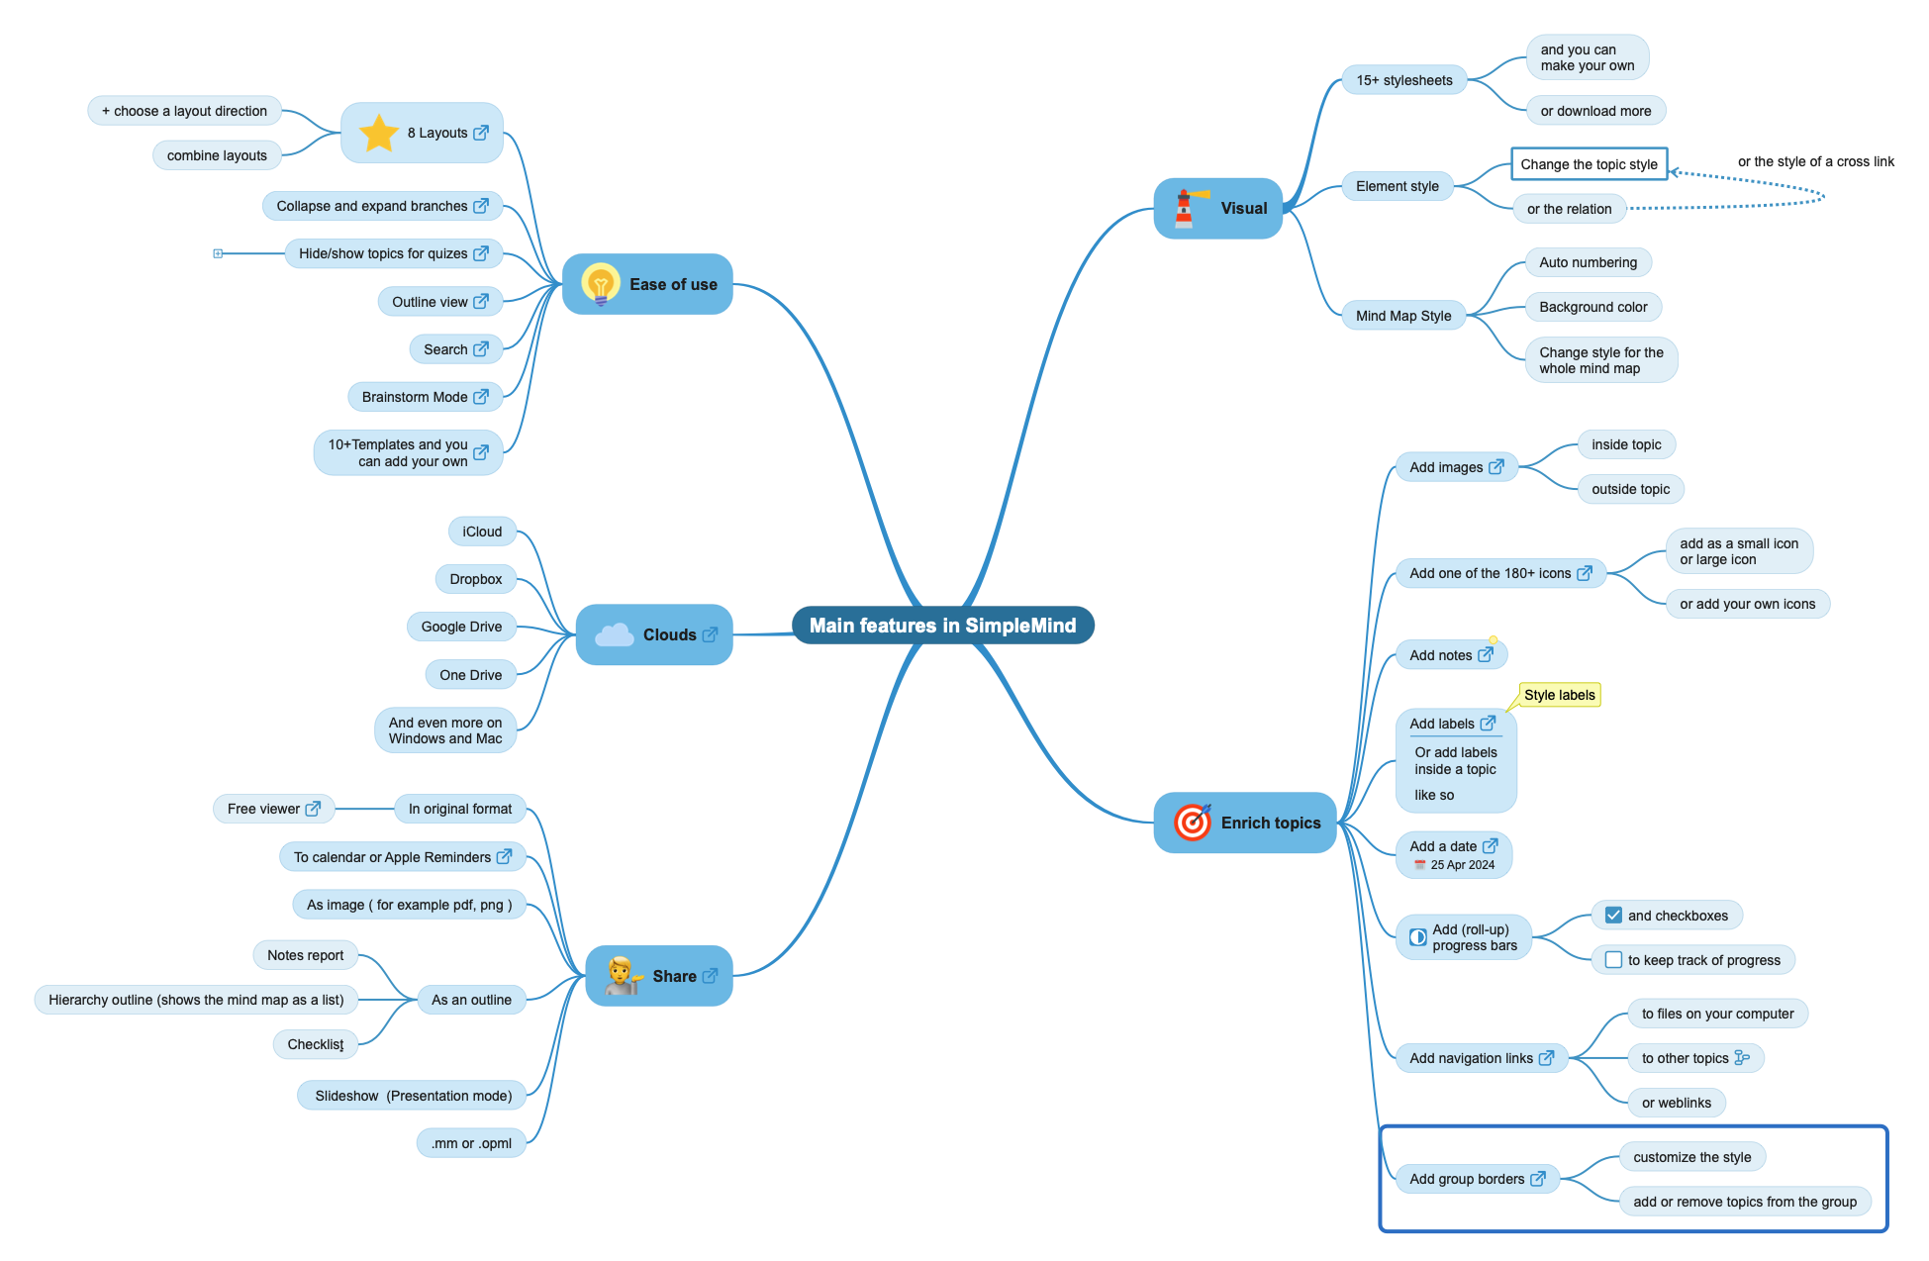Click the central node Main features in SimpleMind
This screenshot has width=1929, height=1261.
coord(942,626)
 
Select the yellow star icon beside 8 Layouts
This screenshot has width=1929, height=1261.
coord(378,133)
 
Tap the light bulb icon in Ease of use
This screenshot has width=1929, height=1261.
coord(600,284)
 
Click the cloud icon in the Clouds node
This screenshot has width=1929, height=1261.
coord(615,634)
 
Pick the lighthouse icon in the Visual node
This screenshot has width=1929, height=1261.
coord(1185,208)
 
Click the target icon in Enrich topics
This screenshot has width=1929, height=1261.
coord(1193,823)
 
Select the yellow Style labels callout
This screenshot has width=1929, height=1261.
coord(1559,695)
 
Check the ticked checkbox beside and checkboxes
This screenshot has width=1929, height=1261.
coord(1613,916)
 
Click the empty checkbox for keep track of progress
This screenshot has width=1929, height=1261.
coord(1613,960)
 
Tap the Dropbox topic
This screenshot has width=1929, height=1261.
coord(475,579)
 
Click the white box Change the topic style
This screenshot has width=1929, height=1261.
coord(1589,164)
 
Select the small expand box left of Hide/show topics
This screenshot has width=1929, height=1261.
coord(218,253)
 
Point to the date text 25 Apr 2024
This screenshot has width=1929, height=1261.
coord(1462,865)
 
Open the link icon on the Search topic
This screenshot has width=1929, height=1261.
coord(481,349)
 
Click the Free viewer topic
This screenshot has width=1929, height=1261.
coord(263,809)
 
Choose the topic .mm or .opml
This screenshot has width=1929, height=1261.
coord(471,1143)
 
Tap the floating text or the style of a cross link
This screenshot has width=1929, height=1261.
coord(1815,161)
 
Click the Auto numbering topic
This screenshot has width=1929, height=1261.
coord(1588,262)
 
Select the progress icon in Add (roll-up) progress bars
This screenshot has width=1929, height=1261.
coord(1418,936)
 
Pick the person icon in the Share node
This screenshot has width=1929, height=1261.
coord(622,976)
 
